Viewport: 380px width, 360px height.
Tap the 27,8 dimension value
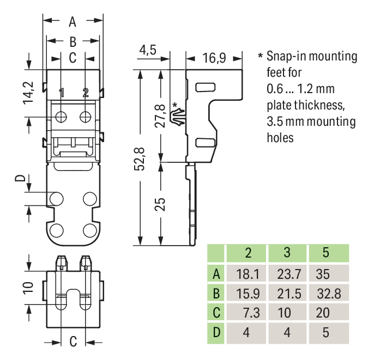[x=159, y=116]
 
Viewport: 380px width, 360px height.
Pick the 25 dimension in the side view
[x=159, y=204]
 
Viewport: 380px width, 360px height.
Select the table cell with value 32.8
[x=328, y=294]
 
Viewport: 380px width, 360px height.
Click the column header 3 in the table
[x=287, y=253]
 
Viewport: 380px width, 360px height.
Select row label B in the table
[x=216, y=294]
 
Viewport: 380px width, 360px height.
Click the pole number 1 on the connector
[x=62, y=93]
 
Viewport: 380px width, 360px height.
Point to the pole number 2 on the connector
[x=86, y=93]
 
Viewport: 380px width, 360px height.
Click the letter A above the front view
[x=73, y=22]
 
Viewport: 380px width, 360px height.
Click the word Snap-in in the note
[x=289, y=56]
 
